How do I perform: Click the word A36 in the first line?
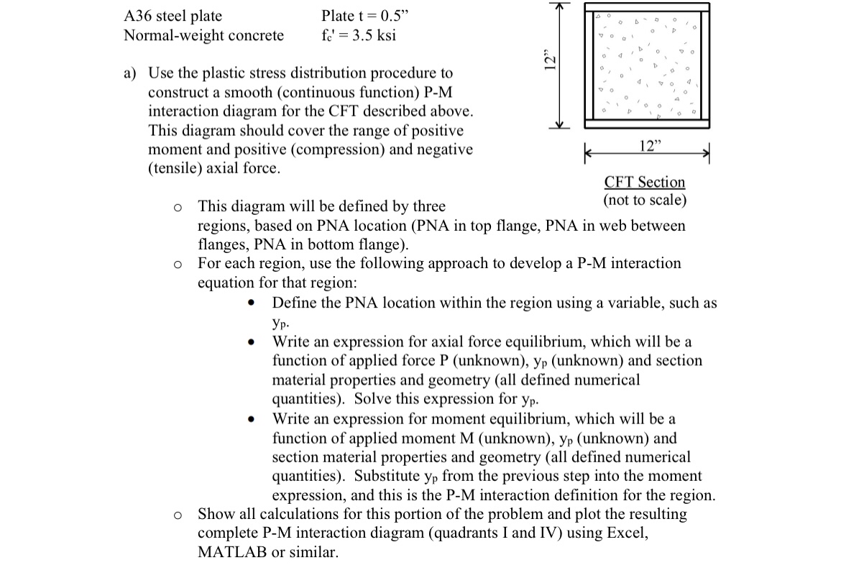pos(138,16)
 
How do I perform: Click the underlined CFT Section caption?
pos(645,182)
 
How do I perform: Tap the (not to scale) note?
pos(645,199)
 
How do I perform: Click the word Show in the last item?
pos(213,514)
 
